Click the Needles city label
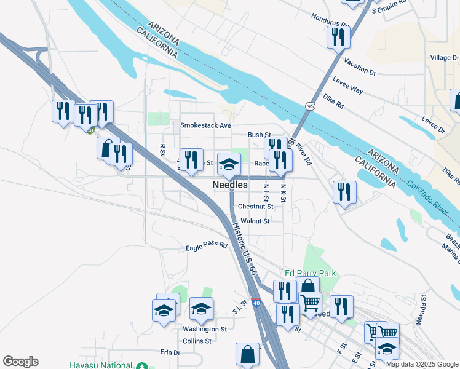(230, 184)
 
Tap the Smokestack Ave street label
(205, 125)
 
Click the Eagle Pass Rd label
(207, 247)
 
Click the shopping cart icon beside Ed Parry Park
(310, 303)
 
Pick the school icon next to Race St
(229, 164)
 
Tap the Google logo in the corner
(20, 362)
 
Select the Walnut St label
(255, 221)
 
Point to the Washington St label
(205, 329)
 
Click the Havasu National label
(101, 365)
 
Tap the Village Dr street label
(444, 57)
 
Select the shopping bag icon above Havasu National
(247, 354)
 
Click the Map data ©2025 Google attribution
(422, 365)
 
